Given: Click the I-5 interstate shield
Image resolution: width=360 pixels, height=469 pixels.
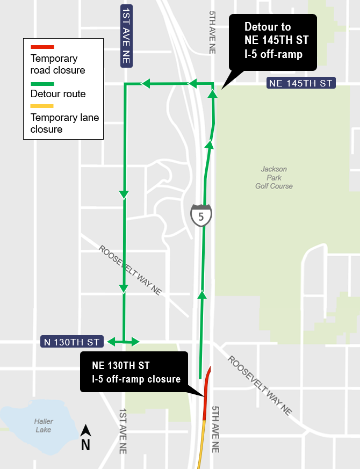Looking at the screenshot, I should [x=201, y=215].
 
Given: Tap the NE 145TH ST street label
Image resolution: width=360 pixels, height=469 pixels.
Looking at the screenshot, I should [x=300, y=83].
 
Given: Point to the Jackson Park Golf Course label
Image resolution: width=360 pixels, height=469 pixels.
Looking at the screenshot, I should [x=274, y=177].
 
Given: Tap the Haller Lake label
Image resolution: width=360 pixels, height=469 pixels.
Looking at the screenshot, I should [x=42, y=425].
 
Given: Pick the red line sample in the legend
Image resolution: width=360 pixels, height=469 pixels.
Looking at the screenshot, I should [x=42, y=47].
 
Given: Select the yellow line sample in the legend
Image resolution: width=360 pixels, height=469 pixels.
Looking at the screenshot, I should [x=42, y=106].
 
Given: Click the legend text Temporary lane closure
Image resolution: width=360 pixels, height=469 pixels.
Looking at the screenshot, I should [x=64, y=123].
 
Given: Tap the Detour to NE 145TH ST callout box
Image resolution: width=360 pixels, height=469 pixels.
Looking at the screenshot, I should [x=272, y=41].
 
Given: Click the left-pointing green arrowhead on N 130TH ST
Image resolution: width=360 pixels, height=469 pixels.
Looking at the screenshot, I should [x=111, y=342].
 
